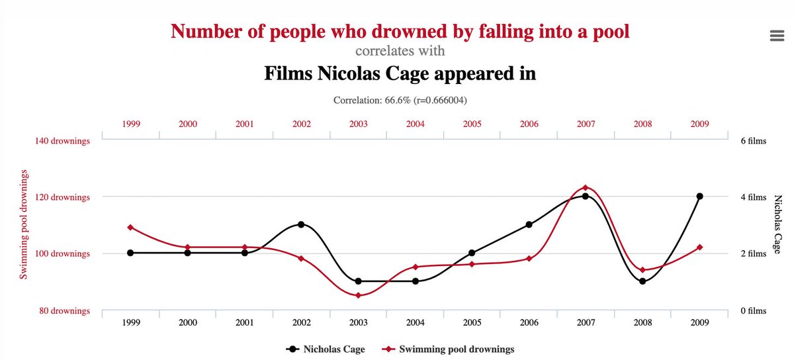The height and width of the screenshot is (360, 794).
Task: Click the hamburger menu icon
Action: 777,35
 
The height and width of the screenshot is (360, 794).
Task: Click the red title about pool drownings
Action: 400,30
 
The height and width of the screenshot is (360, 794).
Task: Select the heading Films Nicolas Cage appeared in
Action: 400,73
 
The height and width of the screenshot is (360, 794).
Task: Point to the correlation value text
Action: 400,100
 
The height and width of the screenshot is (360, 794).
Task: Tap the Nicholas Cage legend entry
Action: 325,349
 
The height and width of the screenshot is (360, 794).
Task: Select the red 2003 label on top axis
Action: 358,124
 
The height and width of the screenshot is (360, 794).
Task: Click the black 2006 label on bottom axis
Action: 529,322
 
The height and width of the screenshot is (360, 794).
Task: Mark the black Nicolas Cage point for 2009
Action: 699,197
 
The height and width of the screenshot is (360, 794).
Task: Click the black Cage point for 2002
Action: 301,224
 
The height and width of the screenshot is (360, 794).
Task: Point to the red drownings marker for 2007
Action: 585,188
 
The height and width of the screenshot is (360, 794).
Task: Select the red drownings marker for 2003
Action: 358,295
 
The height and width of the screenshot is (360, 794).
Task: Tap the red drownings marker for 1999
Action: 130,227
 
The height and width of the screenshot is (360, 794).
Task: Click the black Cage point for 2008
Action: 642,281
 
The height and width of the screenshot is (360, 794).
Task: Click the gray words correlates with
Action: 400,51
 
